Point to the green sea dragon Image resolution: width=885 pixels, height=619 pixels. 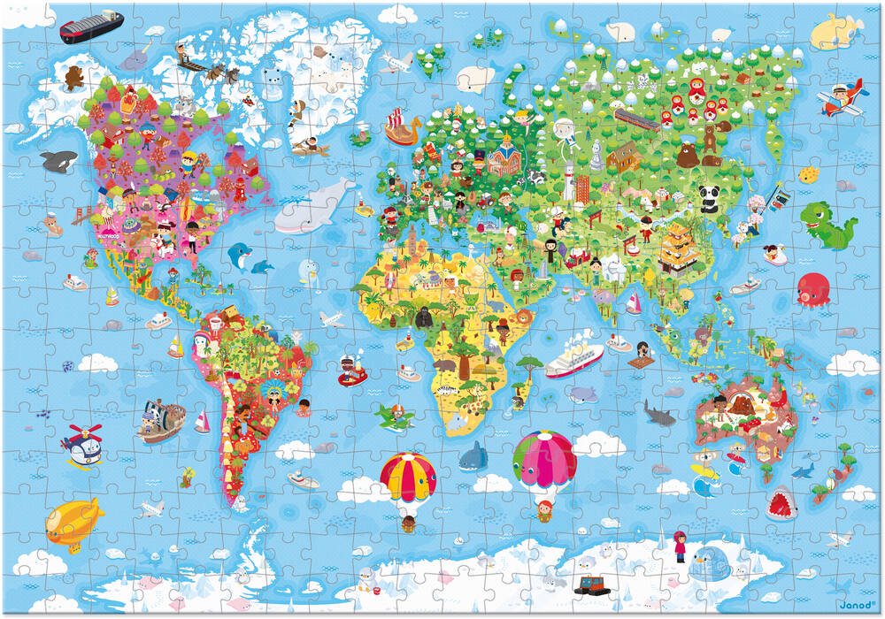pos(827,224)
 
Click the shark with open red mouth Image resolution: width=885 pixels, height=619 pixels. pos(781,504)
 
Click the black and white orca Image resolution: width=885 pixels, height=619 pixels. pos(58,161)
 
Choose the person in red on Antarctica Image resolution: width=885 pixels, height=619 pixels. pos(680,546)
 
